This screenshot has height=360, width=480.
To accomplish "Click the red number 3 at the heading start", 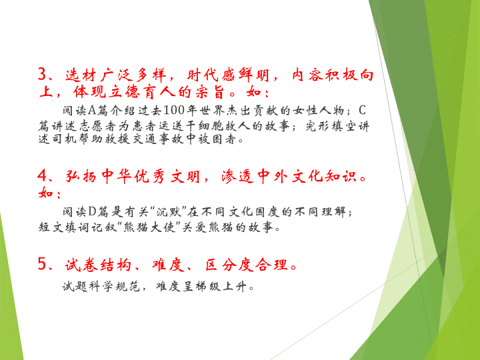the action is pyautogui.click(x=42, y=74).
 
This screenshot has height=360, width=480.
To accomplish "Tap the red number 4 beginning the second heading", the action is pyautogui.click(x=42, y=176).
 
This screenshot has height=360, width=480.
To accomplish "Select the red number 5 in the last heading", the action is pyautogui.click(x=42, y=263).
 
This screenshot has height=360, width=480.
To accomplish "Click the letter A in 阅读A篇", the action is pyautogui.click(x=92, y=110).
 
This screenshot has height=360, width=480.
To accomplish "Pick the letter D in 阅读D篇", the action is pyautogui.click(x=92, y=211).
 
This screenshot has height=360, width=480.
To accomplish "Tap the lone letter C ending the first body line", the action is pyautogui.click(x=362, y=110).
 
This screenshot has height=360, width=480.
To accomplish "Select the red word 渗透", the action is pyautogui.click(x=237, y=176).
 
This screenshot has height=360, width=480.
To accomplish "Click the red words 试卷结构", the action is pyautogui.click(x=98, y=264).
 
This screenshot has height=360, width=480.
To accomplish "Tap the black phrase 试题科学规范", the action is pyautogui.click(x=101, y=287).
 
